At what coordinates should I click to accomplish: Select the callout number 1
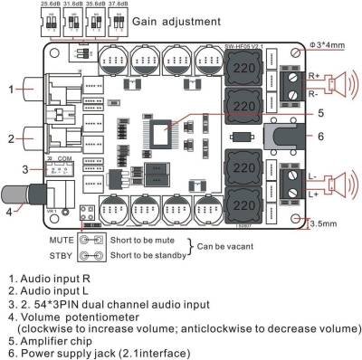tap(12, 89)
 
